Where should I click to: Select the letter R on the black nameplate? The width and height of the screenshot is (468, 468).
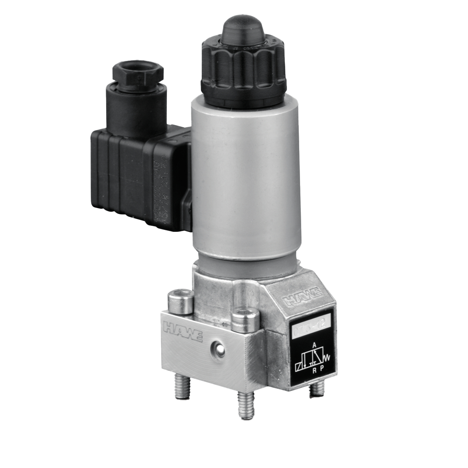pyautogui.click(x=314, y=371)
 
